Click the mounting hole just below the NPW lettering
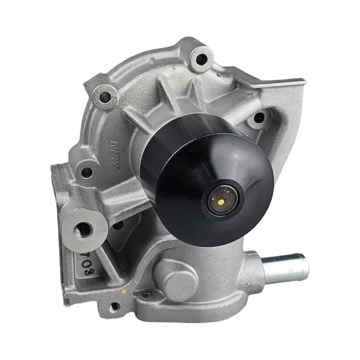[86, 173]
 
